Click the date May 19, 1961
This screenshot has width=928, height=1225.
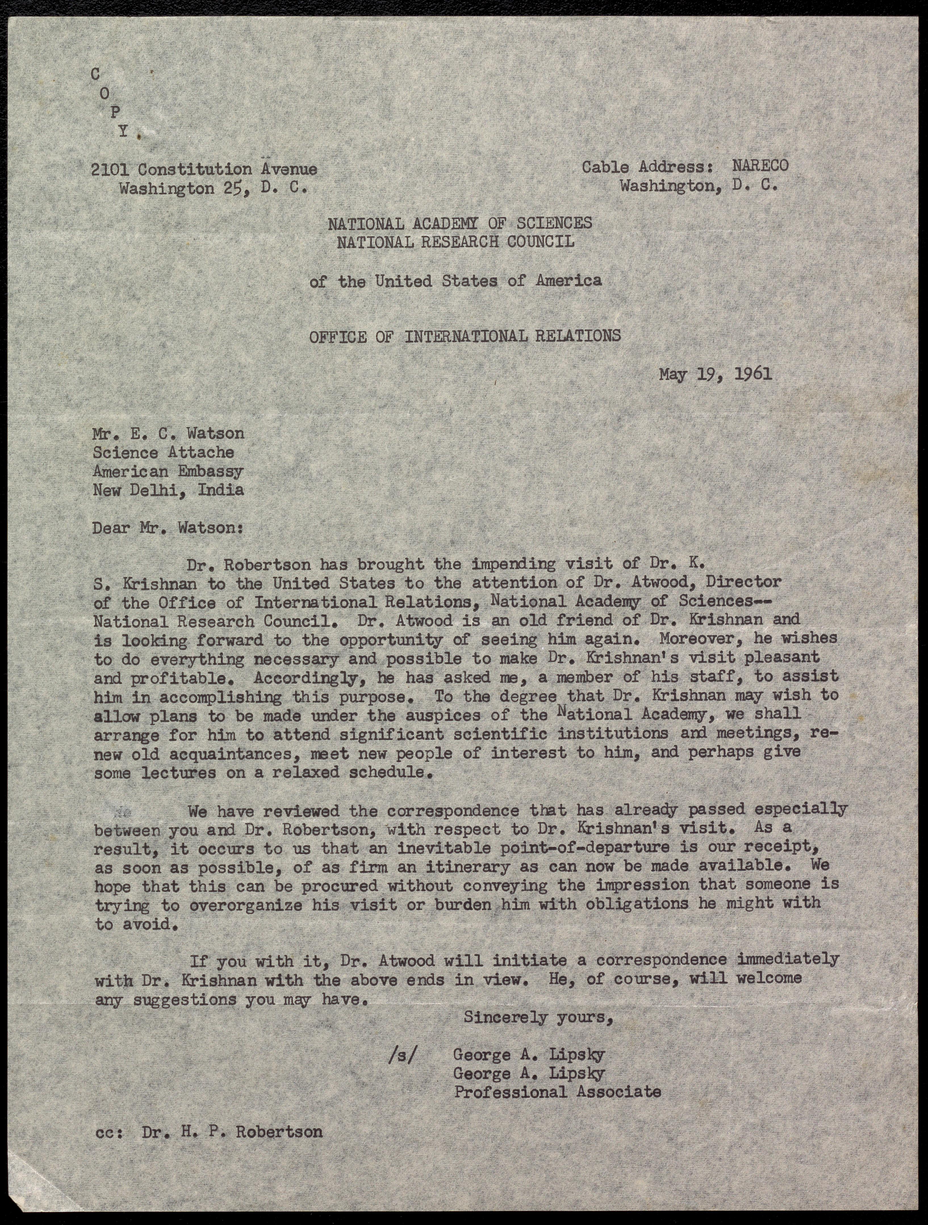coord(715,375)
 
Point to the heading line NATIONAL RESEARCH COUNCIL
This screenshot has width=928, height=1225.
coord(456,242)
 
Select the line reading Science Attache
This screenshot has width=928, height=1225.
coord(163,452)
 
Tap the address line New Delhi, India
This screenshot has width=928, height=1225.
coord(168,490)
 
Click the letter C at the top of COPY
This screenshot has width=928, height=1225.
coord(96,75)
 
